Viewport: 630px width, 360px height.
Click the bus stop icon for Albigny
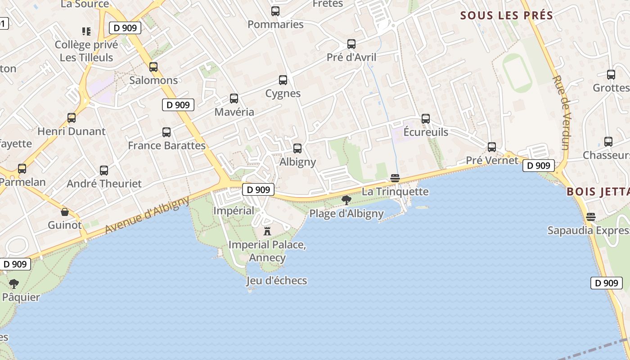click(x=297, y=148)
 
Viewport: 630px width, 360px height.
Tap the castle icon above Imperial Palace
click(x=267, y=231)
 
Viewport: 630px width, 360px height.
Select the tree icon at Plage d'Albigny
click(x=346, y=200)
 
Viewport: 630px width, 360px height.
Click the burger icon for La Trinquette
click(x=395, y=178)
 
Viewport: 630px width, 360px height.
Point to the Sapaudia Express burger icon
click(x=591, y=217)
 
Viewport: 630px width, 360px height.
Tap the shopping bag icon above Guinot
click(x=65, y=212)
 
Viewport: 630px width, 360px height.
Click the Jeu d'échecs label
click(x=276, y=281)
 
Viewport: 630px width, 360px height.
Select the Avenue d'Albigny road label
click(x=147, y=215)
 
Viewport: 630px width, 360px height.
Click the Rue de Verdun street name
click(x=561, y=112)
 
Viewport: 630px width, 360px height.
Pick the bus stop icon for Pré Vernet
click(x=492, y=147)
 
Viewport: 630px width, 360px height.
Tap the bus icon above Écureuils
click(x=426, y=119)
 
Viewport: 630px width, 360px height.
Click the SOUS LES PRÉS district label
click(x=506, y=15)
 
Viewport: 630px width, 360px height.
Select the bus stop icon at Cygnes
click(x=283, y=80)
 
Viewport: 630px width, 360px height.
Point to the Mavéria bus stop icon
click(x=234, y=99)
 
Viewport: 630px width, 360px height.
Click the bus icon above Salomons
click(x=153, y=67)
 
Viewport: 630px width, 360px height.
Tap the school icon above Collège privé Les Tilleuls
click(x=86, y=31)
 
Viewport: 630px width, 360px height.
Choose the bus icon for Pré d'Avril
click(x=351, y=44)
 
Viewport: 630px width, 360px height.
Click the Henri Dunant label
click(x=72, y=131)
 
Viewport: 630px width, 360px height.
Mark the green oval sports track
click(x=517, y=73)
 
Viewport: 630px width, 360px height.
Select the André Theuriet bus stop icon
click(x=104, y=171)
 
